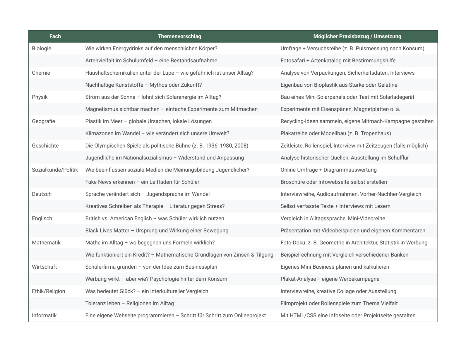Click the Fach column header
[55, 36]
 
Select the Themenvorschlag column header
[179, 36]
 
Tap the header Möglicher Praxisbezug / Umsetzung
[357, 36]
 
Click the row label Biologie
[42, 49]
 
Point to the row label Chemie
[41, 73]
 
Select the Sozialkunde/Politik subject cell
[55, 170]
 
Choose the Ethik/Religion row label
[49, 291]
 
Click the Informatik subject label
[44, 316]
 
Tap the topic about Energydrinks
[151, 49]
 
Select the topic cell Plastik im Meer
[148, 121]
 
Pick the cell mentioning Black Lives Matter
[157, 231]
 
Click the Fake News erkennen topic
[142, 182]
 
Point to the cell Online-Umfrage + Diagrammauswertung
[328, 170]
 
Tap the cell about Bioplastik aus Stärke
[339, 85]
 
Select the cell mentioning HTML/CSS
[348, 316]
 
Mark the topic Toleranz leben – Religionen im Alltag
[129, 304]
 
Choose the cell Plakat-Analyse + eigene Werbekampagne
[330, 279]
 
